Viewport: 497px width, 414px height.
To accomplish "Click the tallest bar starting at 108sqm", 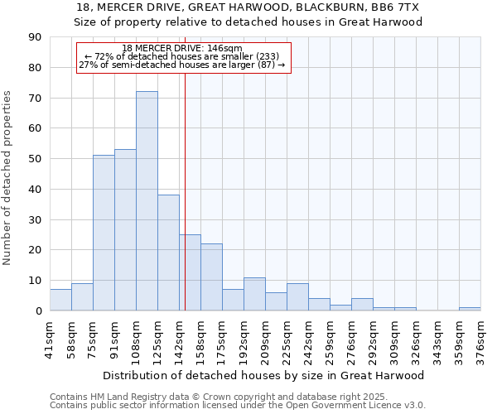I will coord(147,201).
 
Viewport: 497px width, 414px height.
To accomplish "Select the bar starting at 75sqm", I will coord(104,233).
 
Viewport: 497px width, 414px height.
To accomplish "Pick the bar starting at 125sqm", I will coord(168,253).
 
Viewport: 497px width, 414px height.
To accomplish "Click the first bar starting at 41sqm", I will coord(60,300).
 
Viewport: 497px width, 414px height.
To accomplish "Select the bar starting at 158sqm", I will coord(211,277).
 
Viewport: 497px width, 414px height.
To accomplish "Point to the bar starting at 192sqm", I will coord(254,294).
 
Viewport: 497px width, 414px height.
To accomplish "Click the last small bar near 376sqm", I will coord(470,309).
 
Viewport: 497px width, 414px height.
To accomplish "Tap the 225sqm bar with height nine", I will coord(297,297).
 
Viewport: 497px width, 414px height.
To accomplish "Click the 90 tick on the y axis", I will coord(35,37).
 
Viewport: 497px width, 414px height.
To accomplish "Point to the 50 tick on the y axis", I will coord(35,159).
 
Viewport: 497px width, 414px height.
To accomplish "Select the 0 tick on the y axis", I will coord(38,310).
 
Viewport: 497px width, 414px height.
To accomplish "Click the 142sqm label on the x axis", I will coord(180,339).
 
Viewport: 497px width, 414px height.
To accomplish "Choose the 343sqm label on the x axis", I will coord(438,339).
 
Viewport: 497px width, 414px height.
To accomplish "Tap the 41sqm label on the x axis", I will coord(51,339).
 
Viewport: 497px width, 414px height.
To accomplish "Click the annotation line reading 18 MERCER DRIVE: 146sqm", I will coord(182,49).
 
